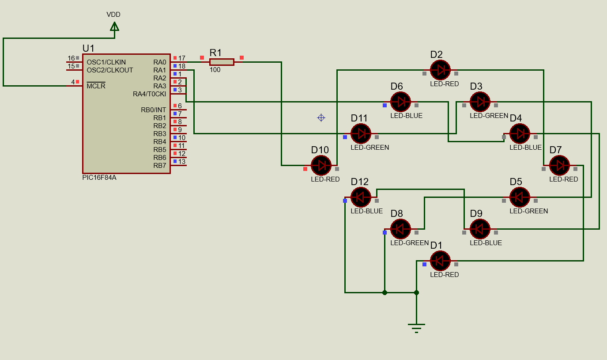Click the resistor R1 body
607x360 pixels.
222,62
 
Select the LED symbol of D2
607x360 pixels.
440,70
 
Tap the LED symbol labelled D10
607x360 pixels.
321,165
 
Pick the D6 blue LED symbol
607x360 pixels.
400,102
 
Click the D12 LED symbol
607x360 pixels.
361,197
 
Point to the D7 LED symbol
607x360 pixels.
559,165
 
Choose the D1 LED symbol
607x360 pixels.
440,261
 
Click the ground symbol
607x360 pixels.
416,328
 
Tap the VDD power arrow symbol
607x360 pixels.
114,27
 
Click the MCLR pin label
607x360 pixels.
96,86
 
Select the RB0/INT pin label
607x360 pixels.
154,110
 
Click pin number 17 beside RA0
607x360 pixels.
182,58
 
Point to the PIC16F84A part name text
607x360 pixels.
99,178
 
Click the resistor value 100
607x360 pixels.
215,70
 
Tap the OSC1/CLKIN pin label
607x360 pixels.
106,62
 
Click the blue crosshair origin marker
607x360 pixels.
321,117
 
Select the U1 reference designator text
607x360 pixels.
88,48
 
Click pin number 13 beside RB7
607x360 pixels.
182,162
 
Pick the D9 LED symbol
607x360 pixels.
480,229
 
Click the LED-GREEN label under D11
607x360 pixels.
370,148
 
